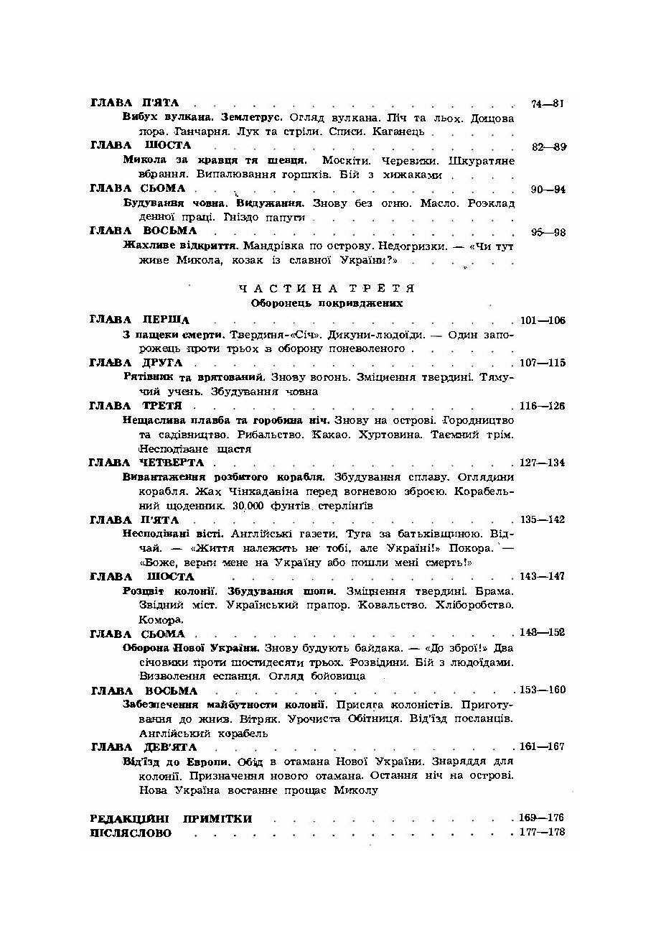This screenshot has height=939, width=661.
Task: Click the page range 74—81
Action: [x=548, y=103]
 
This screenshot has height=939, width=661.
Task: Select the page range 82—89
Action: [x=549, y=147]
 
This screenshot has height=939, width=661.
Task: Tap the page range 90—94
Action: [x=549, y=190]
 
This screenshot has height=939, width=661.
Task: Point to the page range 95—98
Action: [x=549, y=232]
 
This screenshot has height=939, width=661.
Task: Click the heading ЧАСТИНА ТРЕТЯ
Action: [x=327, y=289]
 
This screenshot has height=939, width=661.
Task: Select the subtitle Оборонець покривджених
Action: [x=327, y=303]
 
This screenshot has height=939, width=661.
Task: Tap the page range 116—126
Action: [x=542, y=406]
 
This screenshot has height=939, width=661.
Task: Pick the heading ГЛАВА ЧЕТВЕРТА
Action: [x=147, y=463]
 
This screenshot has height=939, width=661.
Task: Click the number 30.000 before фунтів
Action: [x=249, y=506]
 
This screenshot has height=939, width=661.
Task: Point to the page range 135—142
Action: [x=542, y=519]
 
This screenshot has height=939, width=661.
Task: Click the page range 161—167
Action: [x=542, y=747]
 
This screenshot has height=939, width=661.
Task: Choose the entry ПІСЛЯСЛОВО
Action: [x=131, y=833]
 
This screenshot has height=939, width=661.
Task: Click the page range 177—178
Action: [x=542, y=833]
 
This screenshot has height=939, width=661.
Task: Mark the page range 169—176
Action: [x=542, y=818]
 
